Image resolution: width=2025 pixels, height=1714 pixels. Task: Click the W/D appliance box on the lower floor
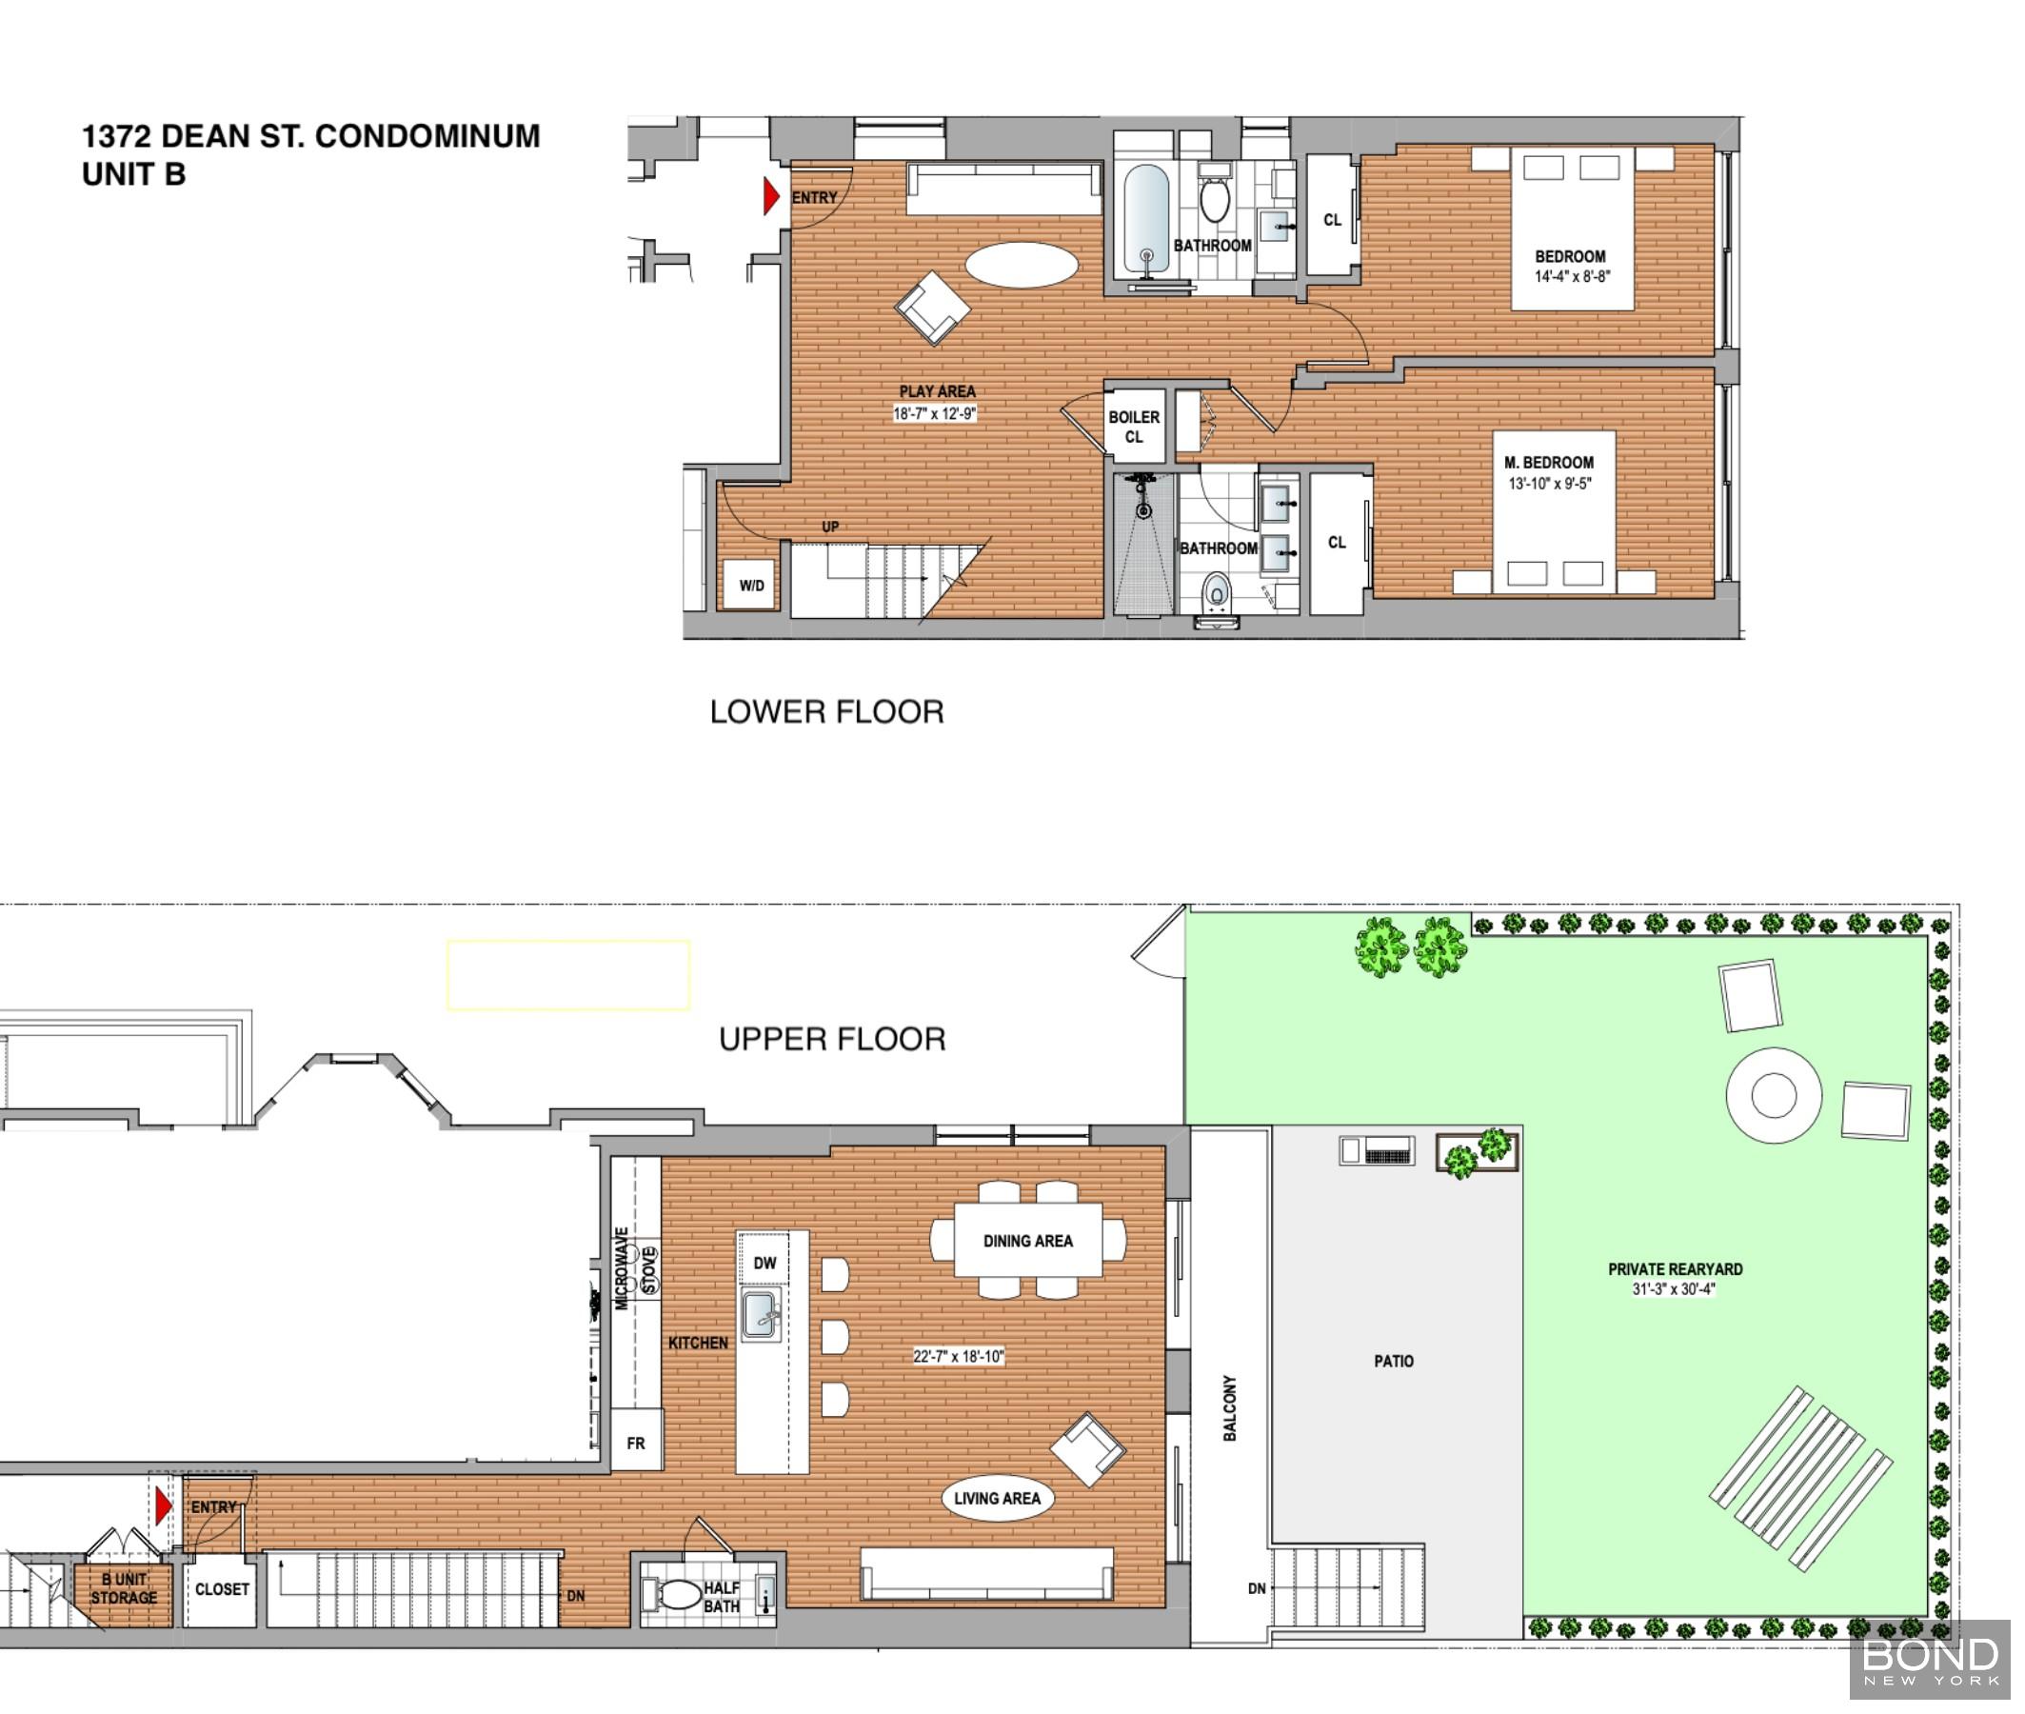(x=750, y=585)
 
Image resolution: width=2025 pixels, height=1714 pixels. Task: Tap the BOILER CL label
(x=1134, y=427)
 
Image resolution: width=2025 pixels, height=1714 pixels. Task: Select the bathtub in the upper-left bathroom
(x=1146, y=219)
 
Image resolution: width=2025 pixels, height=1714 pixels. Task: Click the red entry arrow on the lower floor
(x=771, y=196)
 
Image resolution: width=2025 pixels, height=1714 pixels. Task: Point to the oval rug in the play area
(x=1022, y=265)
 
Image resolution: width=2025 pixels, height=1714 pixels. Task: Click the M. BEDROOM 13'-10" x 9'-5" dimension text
(x=1549, y=483)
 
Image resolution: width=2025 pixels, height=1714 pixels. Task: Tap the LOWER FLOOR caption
(x=826, y=712)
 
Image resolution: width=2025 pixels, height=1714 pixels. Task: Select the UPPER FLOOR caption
(x=832, y=1040)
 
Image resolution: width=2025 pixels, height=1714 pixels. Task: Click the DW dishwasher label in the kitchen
(x=764, y=1264)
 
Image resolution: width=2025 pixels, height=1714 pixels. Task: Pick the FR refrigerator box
(x=636, y=1443)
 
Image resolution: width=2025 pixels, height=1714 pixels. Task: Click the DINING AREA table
(x=1027, y=1241)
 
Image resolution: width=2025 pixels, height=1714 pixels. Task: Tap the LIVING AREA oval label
(x=998, y=1498)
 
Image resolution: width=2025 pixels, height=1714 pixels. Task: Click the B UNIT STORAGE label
(x=125, y=1588)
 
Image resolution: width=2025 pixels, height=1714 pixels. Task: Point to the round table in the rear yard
(x=1774, y=1095)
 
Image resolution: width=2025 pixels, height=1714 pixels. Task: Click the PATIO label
(x=1394, y=1362)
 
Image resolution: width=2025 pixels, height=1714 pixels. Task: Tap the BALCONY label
(x=1230, y=1408)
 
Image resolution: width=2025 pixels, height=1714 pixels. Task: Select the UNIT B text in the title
(x=134, y=174)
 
